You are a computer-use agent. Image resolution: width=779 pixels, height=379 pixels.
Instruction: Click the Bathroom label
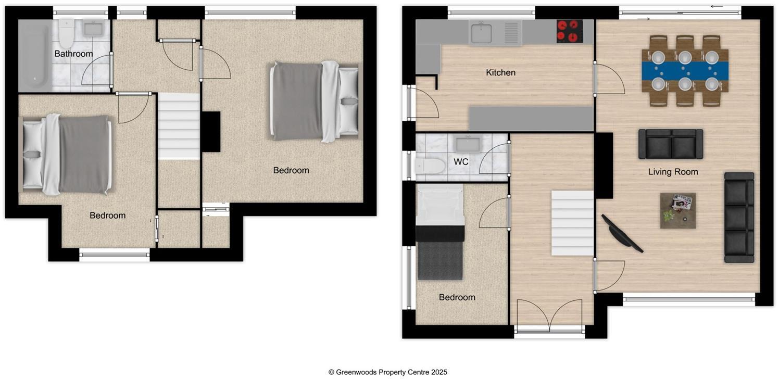click(73, 54)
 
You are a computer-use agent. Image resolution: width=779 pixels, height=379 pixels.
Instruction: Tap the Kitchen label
click(500, 73)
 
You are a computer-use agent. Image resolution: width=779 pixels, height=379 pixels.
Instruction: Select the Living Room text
click(673, 172)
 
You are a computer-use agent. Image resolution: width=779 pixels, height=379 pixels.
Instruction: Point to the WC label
click(461, 162)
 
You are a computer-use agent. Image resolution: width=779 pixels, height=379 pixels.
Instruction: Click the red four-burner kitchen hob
click(570, 31)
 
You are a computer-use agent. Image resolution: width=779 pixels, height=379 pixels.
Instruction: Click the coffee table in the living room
click(678, 210)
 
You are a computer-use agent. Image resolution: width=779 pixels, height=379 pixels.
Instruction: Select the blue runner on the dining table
click(685, 70)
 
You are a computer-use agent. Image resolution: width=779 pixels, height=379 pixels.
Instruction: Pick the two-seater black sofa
click(671, 144)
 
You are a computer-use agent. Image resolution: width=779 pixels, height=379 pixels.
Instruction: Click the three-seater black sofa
click(739, 217)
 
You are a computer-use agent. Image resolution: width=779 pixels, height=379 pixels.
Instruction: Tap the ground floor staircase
click(572, 223)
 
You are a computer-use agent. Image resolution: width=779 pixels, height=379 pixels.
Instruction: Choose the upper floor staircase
click(179, 125)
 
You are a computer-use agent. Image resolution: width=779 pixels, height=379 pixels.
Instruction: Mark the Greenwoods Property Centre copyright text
click(387, 372)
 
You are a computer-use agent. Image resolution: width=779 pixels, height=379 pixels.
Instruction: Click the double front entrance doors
click(549, 315)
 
